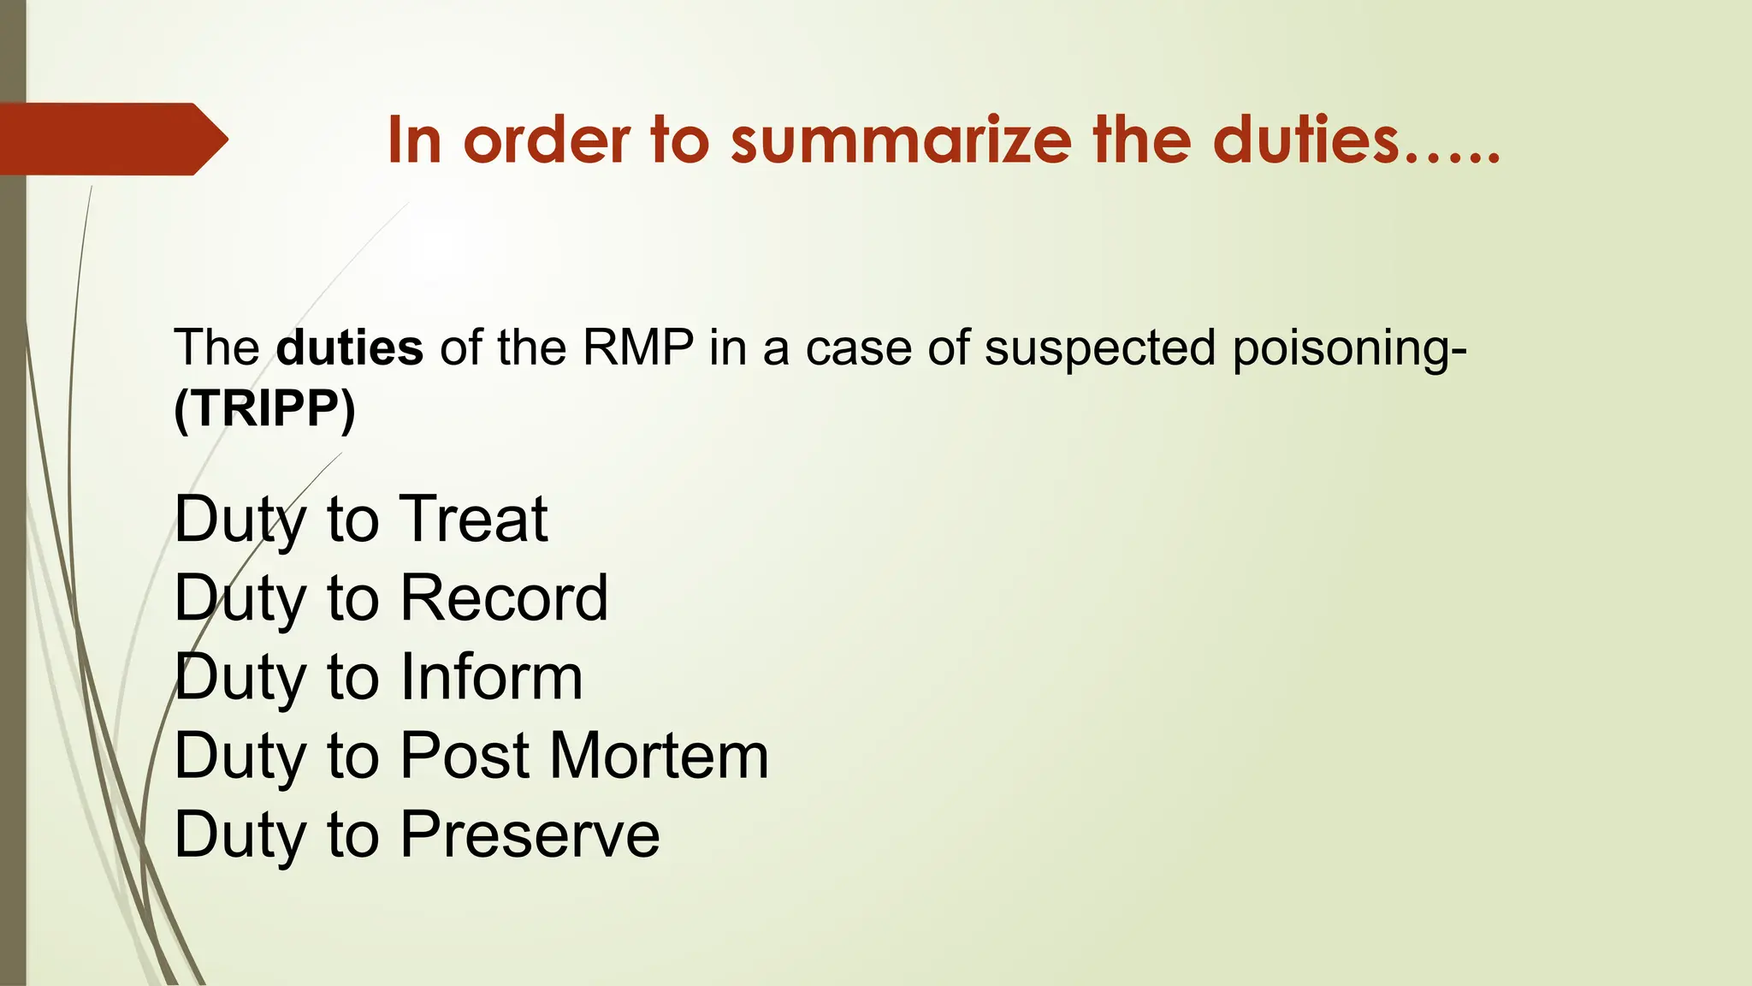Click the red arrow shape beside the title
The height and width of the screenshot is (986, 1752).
[x=111, y=139]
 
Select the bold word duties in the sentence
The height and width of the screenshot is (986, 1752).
[x=350, y=347]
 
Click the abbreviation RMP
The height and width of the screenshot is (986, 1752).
[x=638, y=347]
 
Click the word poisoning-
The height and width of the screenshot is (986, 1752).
[x=1349, y=349]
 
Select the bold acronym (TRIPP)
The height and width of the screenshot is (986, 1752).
[x=264, y=409]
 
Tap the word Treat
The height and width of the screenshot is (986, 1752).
[x=474, y=519]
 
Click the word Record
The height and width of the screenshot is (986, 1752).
[x=504, y=597]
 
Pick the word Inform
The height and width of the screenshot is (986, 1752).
[x=492, y=676]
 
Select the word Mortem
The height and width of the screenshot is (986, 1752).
[x=659, y=756]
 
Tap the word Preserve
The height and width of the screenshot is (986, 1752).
[x=530, y=835]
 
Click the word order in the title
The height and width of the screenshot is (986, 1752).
[x=547, y=140]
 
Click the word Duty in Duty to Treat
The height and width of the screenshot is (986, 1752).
[x=240, y=520]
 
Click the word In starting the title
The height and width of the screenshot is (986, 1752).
[x=414, y=140]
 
